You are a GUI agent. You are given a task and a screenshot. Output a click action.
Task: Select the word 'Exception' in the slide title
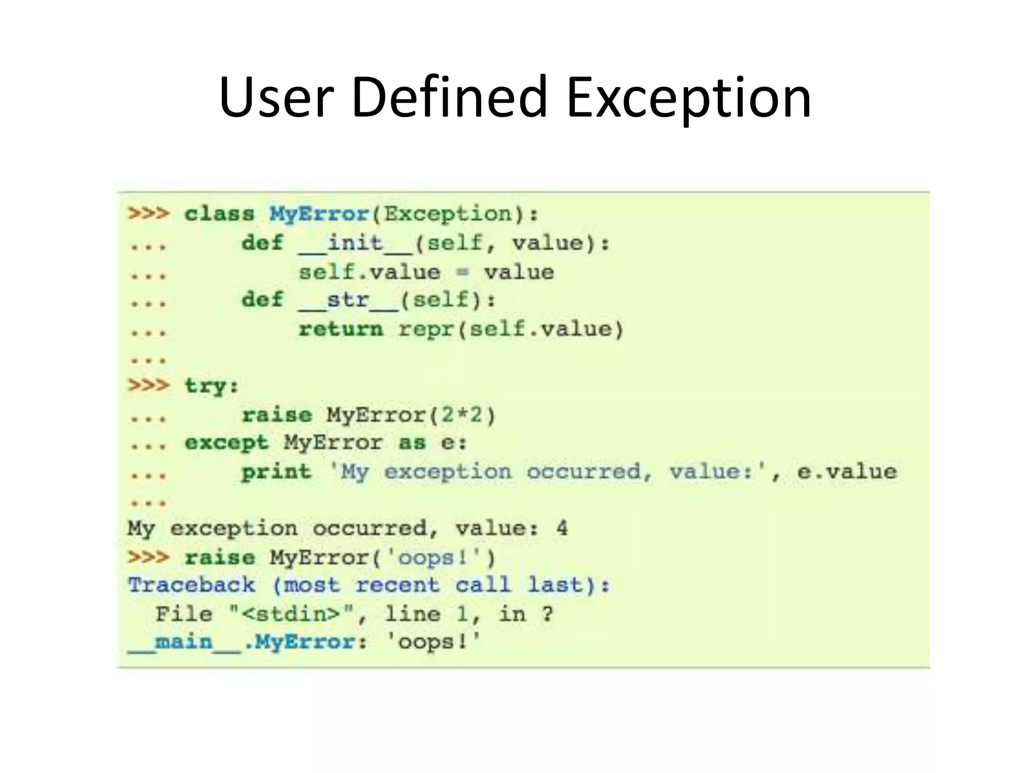(x=689, y=98)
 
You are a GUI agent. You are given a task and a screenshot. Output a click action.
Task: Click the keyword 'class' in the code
(x=220, y=214)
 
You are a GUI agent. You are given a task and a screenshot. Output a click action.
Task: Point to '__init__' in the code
(x=355, y=244)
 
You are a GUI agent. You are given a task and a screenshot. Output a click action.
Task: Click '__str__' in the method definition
(x=348, y=300)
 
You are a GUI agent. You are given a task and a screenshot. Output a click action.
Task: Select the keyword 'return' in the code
(x=340, y=329)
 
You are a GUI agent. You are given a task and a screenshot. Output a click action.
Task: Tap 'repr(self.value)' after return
(x=511, y=329)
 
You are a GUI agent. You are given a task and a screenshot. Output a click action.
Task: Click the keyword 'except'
(x=226, y=443)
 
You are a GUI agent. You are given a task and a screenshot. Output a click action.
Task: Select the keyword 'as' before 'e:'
(x=412, y=443)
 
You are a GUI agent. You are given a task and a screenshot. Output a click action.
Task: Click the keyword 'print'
(x=276, y=472)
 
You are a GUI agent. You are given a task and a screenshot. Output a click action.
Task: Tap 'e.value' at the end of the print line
(x=847, y=472)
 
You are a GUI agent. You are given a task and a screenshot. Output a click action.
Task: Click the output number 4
(x=562, y=528)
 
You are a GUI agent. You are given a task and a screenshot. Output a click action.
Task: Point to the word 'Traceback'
(x=192, y=585)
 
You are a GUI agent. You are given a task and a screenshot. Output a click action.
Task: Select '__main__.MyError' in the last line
(x=241, y=643)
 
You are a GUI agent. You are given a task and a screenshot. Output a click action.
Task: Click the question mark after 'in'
(x=547, y=614)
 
